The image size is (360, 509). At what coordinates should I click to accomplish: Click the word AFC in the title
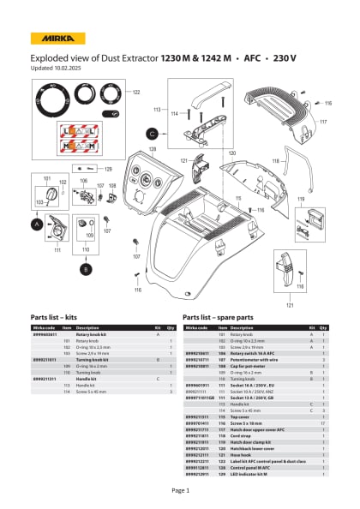[255, 58]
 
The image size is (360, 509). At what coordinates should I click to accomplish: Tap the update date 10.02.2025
[69, 67]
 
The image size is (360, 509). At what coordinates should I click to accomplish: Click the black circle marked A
[37, 224]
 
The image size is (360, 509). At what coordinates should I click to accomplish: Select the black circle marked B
[85, 269]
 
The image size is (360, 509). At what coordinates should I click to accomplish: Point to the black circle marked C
[152, 134]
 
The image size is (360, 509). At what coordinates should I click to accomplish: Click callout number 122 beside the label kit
[135, 92]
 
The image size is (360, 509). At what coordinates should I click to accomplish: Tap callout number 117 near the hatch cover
[323, 123]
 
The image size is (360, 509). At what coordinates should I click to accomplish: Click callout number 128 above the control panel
[153, 148]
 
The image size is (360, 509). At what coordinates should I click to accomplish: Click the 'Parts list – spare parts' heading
[225, 316]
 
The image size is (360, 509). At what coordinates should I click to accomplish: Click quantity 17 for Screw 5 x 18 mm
[321, 398]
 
